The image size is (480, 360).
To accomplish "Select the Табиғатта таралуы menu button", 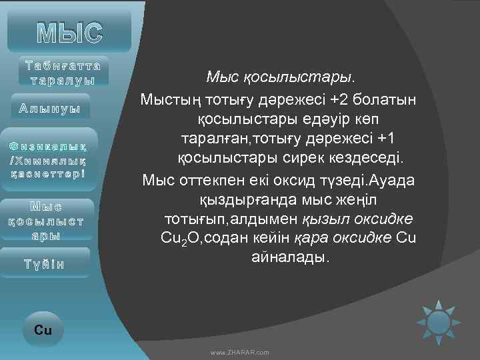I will click(63, 73).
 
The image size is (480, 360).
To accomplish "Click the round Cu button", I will click(43, 329).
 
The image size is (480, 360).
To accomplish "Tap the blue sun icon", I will click(439, 323).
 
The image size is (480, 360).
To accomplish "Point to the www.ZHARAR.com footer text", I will click(239, 352).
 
